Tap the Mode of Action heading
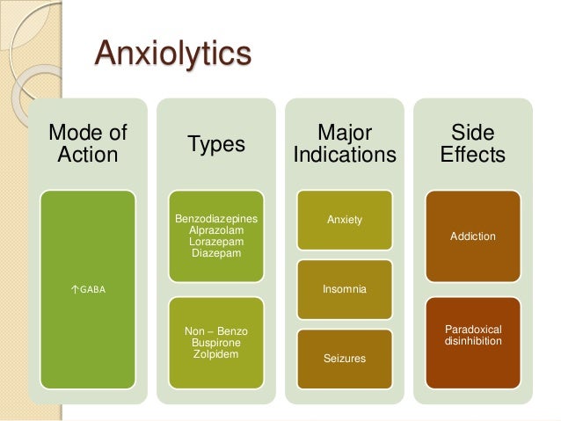point(87,144)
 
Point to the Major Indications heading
point(345,144)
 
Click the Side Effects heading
point(473,144)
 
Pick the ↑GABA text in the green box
point(87,287)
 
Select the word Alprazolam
point(216,229)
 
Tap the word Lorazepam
point(216,241)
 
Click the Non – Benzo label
point(216,331)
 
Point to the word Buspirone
point(216,343)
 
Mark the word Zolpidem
point(216,354)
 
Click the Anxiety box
point(345,220)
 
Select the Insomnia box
point(345,288)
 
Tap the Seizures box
point(345,359)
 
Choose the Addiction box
point(473,236)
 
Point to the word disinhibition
point(473,340)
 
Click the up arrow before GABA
point(73,287)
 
